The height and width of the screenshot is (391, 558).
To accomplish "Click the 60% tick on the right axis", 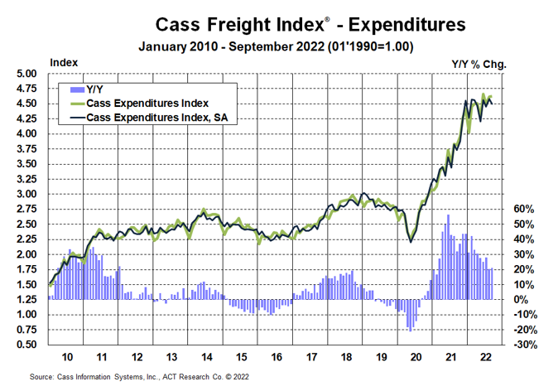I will pos(526,209).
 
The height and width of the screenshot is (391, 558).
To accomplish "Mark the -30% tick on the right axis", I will pos(524,345).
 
